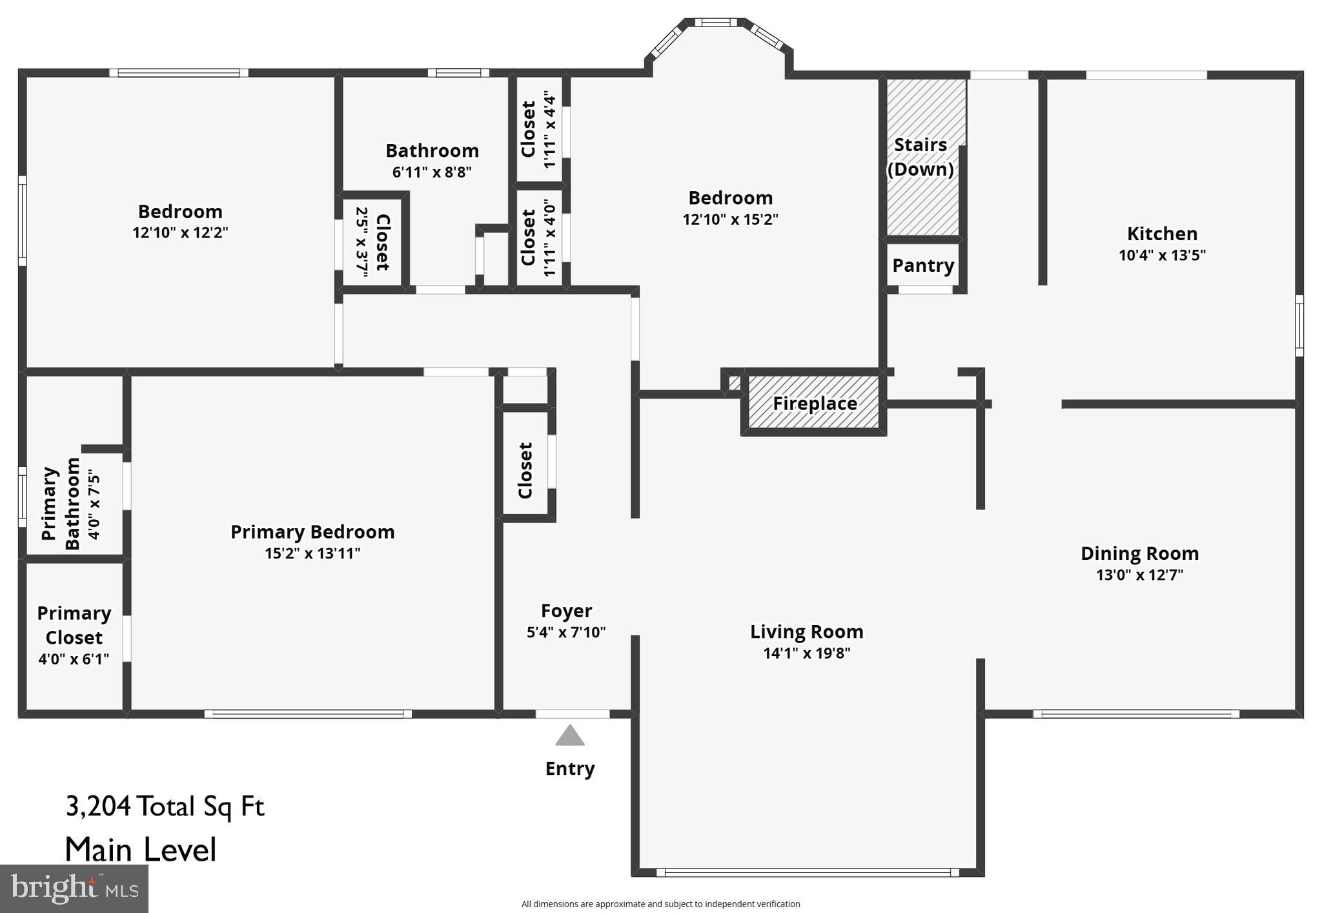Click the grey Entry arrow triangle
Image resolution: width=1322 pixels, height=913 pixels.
[x=570, y=735]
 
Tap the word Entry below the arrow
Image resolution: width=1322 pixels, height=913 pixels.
[x=570, y=768]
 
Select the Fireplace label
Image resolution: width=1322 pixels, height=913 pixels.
[x=815, y=404]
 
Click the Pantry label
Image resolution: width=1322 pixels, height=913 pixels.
[x=923, y=265]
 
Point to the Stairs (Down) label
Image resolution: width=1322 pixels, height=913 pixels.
[x=920, y=157]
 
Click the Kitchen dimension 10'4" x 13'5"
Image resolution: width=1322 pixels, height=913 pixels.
[x=1162, y=255]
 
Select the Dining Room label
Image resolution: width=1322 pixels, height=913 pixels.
[x=1140, y=553]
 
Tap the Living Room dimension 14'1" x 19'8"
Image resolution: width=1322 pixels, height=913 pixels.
[x=807, y=653]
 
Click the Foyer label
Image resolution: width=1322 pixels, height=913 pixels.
[x=566, y=611]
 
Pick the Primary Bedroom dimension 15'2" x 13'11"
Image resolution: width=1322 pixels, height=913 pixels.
[x=312, y=553]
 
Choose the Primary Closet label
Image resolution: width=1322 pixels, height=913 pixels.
[x=74, y=625]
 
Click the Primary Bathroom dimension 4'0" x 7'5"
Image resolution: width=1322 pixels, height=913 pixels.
[x=95, y=506]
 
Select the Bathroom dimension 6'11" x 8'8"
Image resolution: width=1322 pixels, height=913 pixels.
[x=432, y=172]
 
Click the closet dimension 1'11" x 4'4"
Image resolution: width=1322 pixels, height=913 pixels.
[x=549, y=130]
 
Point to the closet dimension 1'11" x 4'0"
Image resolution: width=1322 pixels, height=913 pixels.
[x=549, y=238]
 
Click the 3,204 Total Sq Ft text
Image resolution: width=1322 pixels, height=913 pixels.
[x=165, y=806]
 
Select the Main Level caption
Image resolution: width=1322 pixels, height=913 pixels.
[x=141, y=850]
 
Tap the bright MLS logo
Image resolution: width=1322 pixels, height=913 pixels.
[x=74, y=888]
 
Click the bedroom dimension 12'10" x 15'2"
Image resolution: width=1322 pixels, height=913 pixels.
[x=730, y=219]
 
